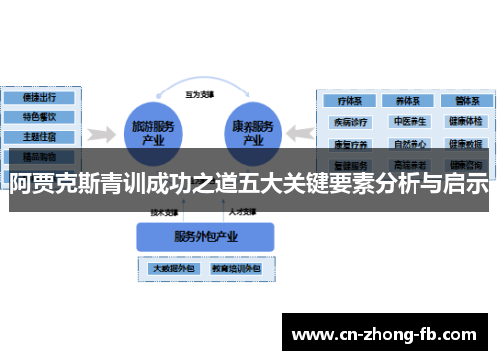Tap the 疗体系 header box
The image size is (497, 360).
[x=349, y=101]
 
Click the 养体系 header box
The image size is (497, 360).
[x=408, y=101]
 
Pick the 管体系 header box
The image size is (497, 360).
[x=464, y=101]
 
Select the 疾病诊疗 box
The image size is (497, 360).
[x=349, y=122]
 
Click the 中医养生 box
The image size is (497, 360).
[x=408, y=122]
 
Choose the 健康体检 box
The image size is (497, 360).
[x=464, y=122]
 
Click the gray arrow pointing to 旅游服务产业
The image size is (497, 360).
[x=98, y=134]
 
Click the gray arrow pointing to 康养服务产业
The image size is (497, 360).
[x=299, y=134]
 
